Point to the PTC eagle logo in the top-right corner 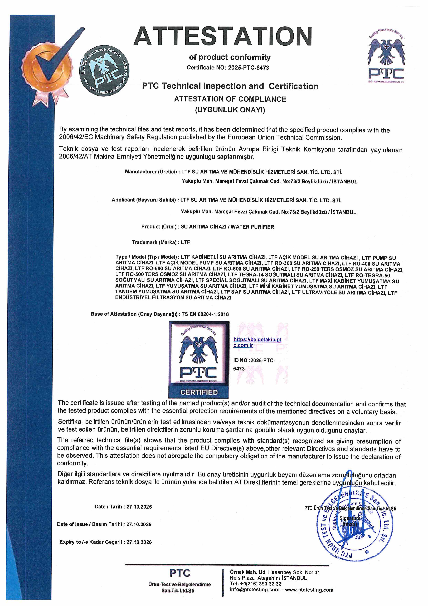click(386, 57)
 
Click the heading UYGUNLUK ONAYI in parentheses click(230, 110)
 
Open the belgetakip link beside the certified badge click(257, 342)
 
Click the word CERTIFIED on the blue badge click(199, 392)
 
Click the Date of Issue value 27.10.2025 click(139, 524)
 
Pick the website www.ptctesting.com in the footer click(309, 590)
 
